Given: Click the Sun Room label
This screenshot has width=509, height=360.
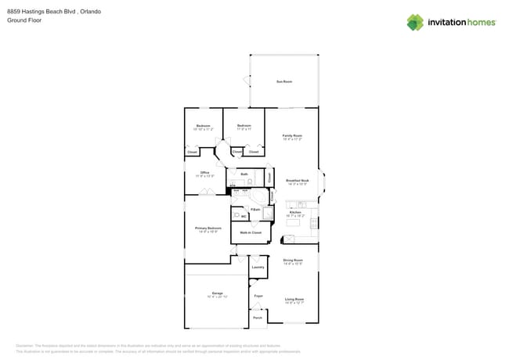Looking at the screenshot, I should pos(283,81).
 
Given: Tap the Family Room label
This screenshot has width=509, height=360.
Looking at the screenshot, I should pos(292,135).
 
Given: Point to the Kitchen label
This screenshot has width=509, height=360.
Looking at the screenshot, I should pos(295,212).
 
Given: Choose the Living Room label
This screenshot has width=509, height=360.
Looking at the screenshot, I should pos(294,299).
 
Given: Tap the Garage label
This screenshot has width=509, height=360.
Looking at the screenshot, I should pos(217,293).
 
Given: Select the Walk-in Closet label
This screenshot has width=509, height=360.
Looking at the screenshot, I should pos(251,232).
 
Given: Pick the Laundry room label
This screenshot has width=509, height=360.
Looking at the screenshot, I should pos(258,267).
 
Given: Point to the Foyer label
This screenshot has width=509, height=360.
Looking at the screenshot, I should pos(258,296).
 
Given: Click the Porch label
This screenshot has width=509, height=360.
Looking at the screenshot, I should pos(257,318).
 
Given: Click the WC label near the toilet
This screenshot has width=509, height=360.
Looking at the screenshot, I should pos(244,216).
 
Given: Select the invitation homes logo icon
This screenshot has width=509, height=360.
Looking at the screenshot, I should pos(414,22).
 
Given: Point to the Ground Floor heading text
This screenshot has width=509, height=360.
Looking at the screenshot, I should pos(23,20).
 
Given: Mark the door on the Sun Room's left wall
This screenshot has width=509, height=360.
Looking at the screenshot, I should pos(247,81).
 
